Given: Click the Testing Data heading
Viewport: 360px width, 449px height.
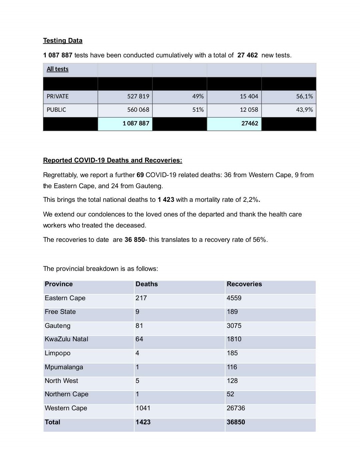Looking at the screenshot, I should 62,41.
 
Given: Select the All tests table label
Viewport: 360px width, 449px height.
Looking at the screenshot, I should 57,69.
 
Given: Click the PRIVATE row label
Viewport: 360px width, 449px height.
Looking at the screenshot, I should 57,96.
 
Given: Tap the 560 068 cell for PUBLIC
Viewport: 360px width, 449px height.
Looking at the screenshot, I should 138,110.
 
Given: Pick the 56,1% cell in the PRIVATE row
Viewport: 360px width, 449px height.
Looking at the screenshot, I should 304,96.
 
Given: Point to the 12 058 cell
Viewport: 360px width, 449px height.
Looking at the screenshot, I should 249,110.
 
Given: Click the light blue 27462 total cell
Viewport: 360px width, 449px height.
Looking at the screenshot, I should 249,123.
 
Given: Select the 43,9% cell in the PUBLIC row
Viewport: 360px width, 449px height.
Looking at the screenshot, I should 304,110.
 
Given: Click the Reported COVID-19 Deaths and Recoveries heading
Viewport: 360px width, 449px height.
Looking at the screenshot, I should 113,160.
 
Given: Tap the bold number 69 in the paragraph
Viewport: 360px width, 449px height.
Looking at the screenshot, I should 140,175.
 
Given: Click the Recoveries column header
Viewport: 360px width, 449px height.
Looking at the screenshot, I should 244,284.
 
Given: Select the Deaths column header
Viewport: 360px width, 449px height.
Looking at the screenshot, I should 147,284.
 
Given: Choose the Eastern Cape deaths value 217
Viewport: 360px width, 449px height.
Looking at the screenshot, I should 141,298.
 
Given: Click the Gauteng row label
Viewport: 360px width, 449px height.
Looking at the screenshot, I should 57,326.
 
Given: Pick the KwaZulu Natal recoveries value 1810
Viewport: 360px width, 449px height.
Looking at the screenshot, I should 234,339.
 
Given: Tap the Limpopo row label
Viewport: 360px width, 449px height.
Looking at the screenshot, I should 57,353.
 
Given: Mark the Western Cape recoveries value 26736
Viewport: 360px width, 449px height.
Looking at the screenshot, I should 236,408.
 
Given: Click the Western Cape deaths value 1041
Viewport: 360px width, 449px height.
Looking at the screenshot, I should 143,408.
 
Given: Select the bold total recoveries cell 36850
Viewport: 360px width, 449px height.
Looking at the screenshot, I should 236,422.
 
